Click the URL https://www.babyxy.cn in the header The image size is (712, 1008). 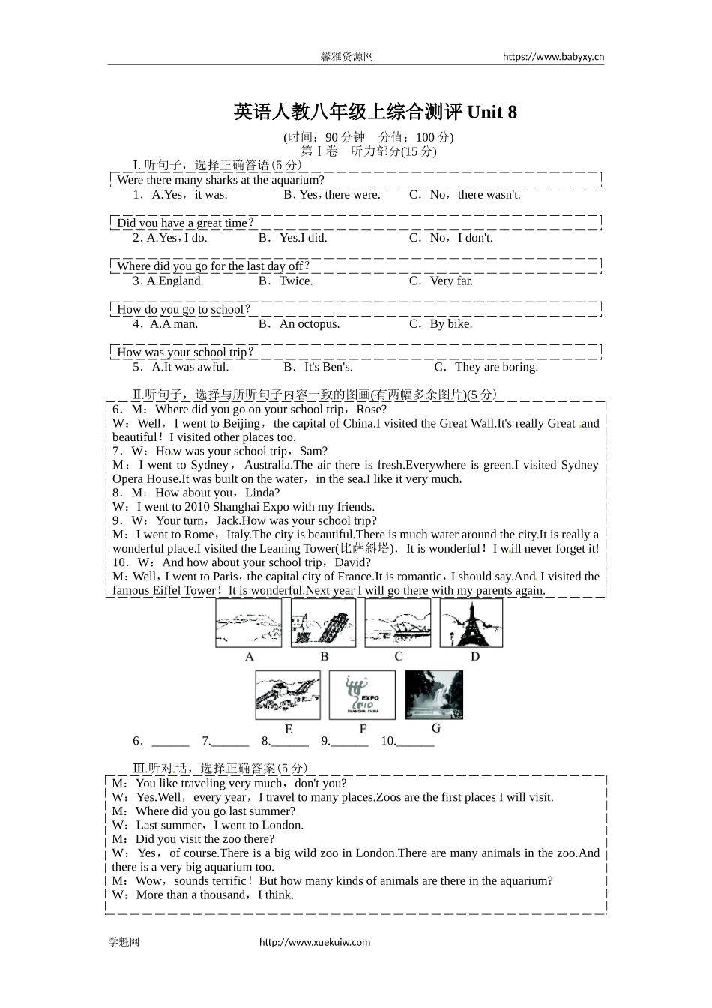[x=553, y=56]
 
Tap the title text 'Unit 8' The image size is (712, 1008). [x=492, y=112]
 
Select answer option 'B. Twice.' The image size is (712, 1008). [x=286, y=280]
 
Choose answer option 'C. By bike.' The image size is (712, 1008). [x=441, y=324]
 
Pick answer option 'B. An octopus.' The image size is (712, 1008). [x=299, y=324]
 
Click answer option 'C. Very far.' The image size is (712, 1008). [x=441, y=280]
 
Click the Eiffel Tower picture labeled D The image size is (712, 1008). [x=471, y=623]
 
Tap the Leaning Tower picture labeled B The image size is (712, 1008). [x=324, y=623]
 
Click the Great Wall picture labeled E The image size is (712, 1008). [x=288, y=695]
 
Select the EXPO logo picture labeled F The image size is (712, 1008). [x=362, y=695]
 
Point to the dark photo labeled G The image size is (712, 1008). [x=434, y=694]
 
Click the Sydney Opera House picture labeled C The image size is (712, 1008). [x=398, y=623]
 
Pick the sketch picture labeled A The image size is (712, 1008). [x=249, y=623]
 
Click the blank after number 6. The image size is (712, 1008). [x=170, y=742]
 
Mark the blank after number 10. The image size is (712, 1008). [x=415, y=742]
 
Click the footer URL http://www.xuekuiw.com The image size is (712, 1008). [x=315, y=942]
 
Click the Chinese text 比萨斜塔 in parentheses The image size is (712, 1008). [x=365, y=548]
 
